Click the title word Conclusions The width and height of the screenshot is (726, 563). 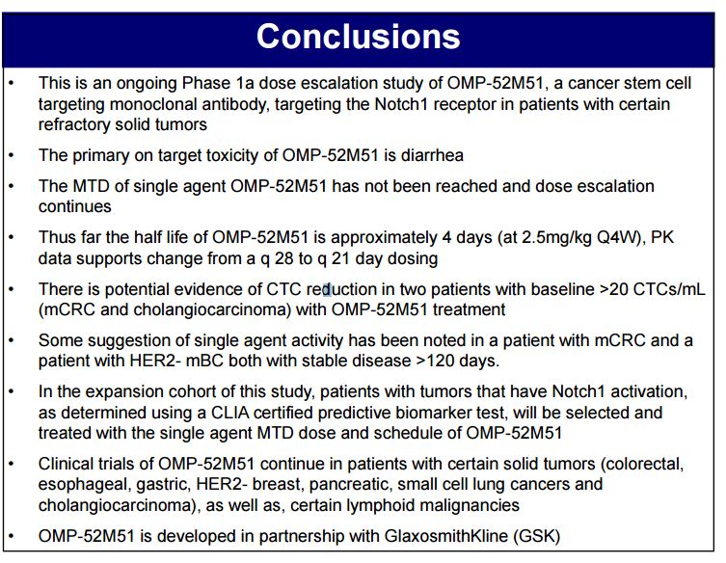[x=359, y=37]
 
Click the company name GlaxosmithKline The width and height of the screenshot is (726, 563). [x=446, y=537]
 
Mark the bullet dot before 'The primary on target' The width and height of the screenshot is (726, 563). [x=12, y=155]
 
